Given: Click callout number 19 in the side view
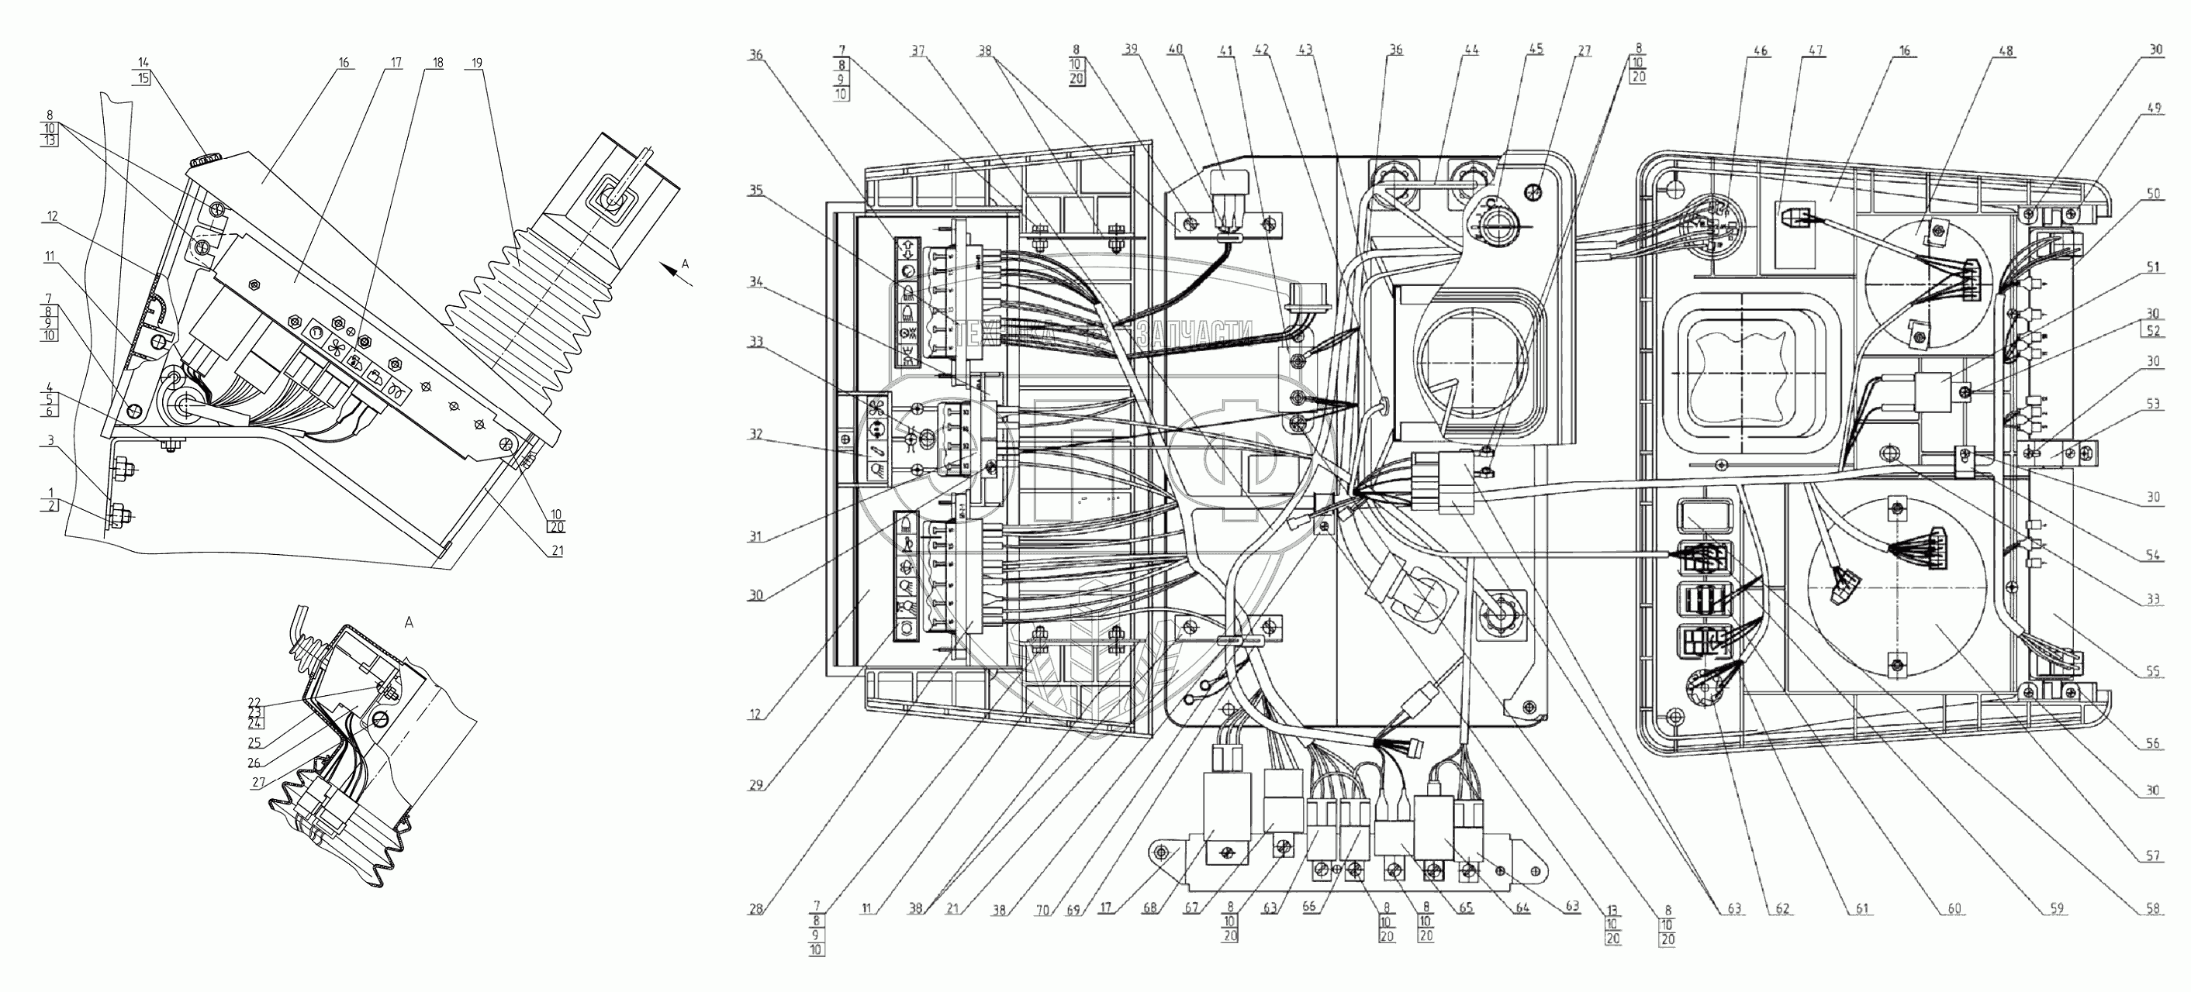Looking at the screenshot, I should tap(476, 63).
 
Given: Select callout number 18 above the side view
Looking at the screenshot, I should tap(437, 63).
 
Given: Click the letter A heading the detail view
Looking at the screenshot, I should tap(408, 623).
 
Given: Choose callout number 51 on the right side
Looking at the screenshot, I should tap(2154, 267).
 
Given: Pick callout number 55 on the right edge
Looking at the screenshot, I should tap(2154, 671).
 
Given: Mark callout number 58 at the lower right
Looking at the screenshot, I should tap(2154, 910).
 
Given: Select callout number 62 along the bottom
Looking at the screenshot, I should tap(1782, 910).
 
